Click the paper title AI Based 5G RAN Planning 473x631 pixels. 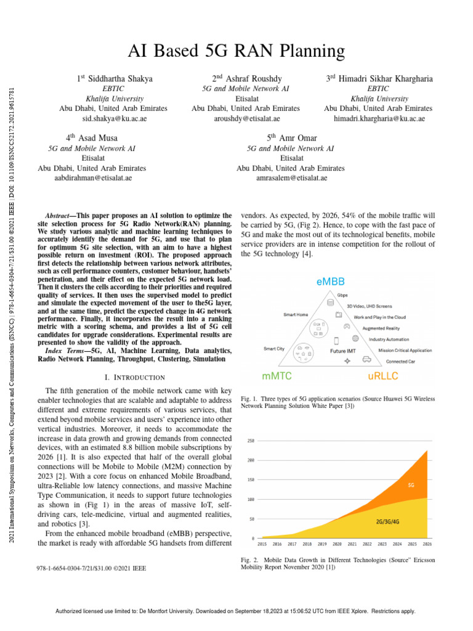coord(236,51)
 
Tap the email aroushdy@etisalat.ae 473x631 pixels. coord(246,118)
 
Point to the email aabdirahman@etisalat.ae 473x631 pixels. coord(92,177)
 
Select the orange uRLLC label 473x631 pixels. coord(384,375)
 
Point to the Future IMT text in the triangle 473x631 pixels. coord(342,350)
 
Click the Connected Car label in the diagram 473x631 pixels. coord(400,361)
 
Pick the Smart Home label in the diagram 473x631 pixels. coord(297,314)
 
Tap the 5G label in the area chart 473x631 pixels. coord(411,485)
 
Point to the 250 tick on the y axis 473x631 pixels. coord(251,441)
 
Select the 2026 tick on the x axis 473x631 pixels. coord(427,545)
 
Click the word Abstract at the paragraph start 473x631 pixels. coord(60,216)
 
